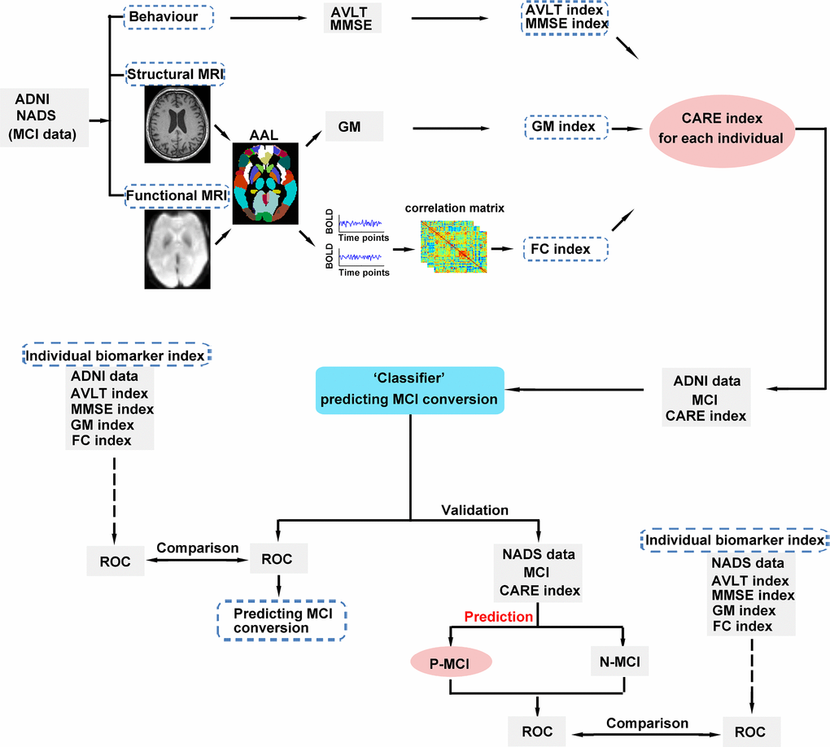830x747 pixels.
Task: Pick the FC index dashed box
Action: point(566,248)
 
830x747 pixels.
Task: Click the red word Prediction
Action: point(498,617)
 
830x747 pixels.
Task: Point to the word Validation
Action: point(474,510)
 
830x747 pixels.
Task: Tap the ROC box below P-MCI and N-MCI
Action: point(535,731)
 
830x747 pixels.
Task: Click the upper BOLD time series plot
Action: point(363,223)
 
